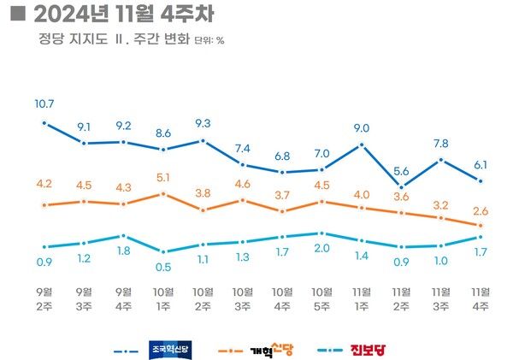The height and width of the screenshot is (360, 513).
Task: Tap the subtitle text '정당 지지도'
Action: pos(68,39)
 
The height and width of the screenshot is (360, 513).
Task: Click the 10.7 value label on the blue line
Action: pos(44,104)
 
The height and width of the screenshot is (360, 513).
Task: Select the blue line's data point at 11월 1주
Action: pos(361,145)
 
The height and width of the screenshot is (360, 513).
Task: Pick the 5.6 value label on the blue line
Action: pos(401,169)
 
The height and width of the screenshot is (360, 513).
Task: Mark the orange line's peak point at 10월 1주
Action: pos(163,194)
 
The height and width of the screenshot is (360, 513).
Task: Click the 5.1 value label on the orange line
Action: pos(163,178)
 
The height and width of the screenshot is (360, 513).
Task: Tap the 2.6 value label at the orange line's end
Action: pos(481,210)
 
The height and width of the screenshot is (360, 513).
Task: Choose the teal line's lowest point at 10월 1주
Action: pos(163,251)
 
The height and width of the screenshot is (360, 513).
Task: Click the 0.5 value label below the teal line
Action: pos(163,267)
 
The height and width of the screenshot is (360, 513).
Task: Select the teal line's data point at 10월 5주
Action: pos(321,233)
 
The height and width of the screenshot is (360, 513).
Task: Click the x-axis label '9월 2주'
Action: pos(44,298)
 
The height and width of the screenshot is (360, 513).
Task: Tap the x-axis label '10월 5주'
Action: pos(321,298)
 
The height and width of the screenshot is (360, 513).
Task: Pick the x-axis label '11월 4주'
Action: pos(481,298)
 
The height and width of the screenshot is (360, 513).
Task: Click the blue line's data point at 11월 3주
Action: pos(440,160)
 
